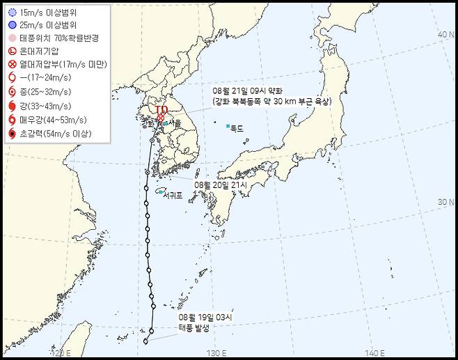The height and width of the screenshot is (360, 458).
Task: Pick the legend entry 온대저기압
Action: click(39, 52)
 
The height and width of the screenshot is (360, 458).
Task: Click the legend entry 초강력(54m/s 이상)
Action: click(54, 131)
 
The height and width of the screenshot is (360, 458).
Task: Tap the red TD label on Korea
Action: click(161, 109)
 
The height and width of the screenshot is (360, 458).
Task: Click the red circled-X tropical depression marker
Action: click(161, 118)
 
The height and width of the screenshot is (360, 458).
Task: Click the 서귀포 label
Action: click(172, 196)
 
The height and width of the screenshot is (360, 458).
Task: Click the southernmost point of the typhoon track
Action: click(145, 341)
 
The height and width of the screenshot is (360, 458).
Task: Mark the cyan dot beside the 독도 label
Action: click(228, 126)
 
